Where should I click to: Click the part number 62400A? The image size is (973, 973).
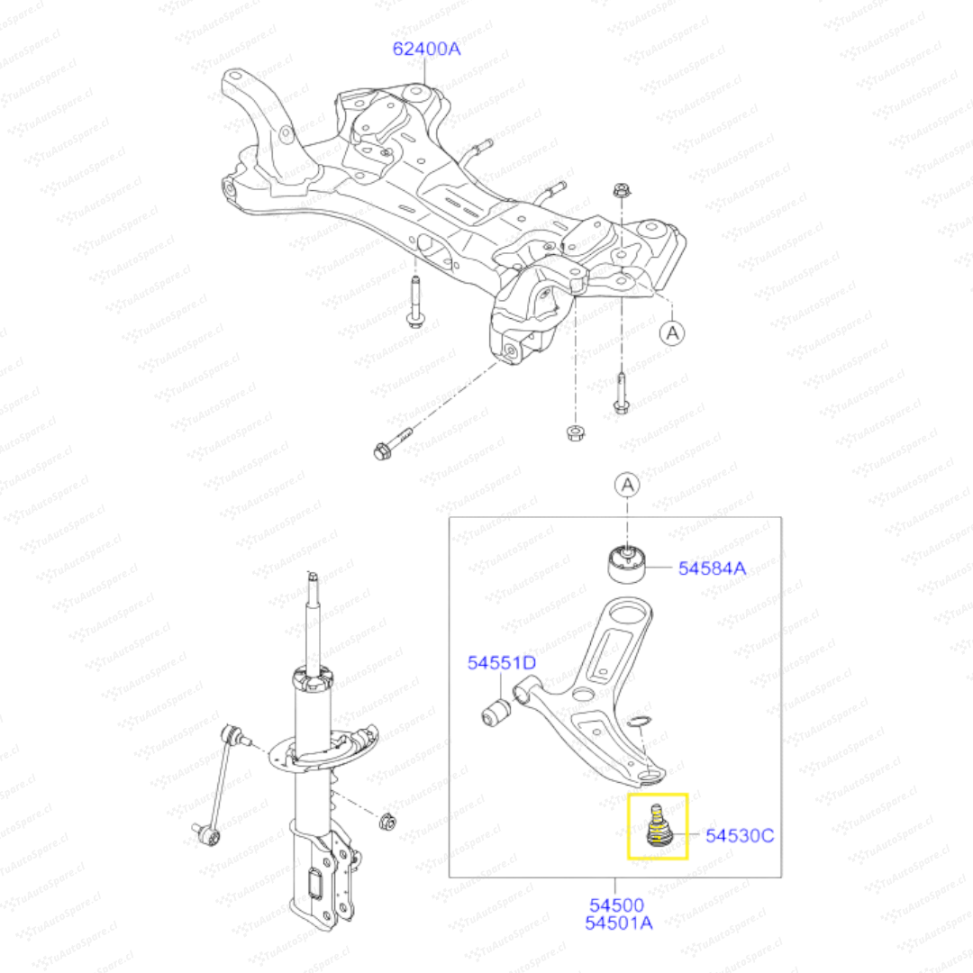426,49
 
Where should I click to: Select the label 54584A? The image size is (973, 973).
712,568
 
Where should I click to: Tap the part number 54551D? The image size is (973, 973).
502,663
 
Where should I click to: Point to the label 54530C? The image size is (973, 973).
740,836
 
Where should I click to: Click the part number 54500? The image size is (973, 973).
616,905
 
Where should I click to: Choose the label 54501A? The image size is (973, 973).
619,923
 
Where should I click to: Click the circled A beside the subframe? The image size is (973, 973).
672,333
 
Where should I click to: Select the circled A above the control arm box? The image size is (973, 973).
627,485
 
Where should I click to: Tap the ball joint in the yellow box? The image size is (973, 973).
657,826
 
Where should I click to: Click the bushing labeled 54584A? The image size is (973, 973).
626,563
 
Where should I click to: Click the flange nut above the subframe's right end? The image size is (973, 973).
621,190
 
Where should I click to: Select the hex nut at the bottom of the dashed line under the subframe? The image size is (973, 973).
576,432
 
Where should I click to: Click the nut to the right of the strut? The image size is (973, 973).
387,822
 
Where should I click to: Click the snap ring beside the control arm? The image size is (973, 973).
639,721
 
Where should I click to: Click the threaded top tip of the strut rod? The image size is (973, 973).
314,577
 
